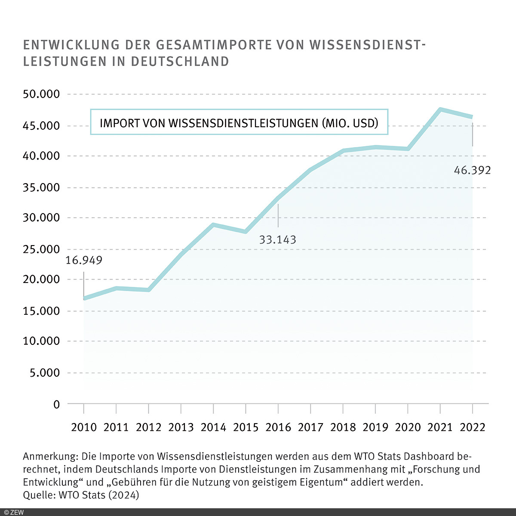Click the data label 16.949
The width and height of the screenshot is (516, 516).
tap(84, 260)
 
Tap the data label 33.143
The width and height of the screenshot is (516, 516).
tap(277, 240)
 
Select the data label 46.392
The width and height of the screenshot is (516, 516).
tap(472, 170)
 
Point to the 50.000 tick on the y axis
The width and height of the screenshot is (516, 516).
tap(41, 94)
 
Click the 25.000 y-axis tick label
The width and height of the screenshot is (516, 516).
tap(41, 249)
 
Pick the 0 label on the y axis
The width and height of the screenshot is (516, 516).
tap(56, 404)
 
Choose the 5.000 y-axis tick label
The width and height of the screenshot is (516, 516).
tap(44, 373)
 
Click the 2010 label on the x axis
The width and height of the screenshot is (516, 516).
tap(84, 427)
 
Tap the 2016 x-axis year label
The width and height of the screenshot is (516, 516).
tap(278, 427)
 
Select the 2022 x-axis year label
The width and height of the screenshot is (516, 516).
tap(472, 427)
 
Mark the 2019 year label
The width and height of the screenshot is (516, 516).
tap(375, 427)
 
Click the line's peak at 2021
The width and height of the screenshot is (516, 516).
tap(440, 109)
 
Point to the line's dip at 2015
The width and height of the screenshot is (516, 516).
tap(246, 232)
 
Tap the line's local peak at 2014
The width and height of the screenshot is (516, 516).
tap(213, 224)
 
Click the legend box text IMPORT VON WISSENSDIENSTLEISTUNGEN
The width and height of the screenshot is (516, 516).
tap(239, 123)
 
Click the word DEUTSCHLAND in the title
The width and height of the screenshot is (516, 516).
tap(180, 61)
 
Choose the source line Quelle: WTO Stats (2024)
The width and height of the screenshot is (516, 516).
tap(81, 495)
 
